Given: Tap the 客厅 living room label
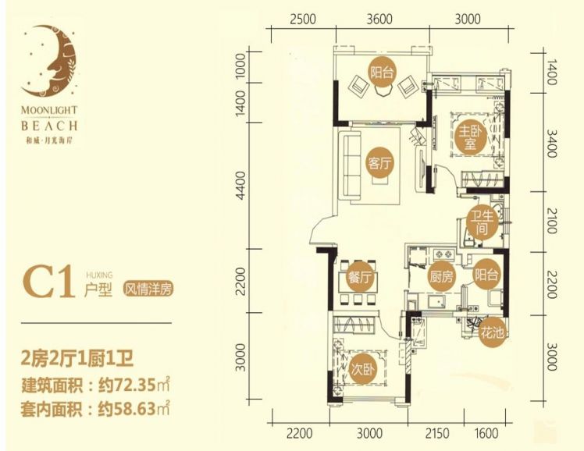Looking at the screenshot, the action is (x=380, y=162).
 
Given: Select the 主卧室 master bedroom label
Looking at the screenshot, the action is (x=470, y=138).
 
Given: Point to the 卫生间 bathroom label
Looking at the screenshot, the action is (x=482, y=223).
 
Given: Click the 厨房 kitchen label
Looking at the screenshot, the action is (x=441, y=275).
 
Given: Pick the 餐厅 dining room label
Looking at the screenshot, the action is (x=360, y=276).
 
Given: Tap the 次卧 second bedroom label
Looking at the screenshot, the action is (x=363, y=370).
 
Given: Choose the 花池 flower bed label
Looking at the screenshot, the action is (x=493, y=332).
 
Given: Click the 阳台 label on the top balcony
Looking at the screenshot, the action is (x=382, y=72).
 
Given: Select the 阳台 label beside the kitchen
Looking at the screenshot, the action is (x=486, y=275).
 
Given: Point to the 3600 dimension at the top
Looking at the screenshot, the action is (x=379, y=19).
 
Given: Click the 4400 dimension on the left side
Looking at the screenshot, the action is (x=240, y=185).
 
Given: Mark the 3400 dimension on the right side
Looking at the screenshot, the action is (x=552, y=144).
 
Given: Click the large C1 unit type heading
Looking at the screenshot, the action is (x=48, y=282).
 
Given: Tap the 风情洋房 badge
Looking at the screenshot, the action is (x=148, y=289).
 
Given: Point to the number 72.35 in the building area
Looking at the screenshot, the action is (x=133, y=385).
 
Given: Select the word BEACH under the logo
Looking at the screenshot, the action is (x=49, y=126).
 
